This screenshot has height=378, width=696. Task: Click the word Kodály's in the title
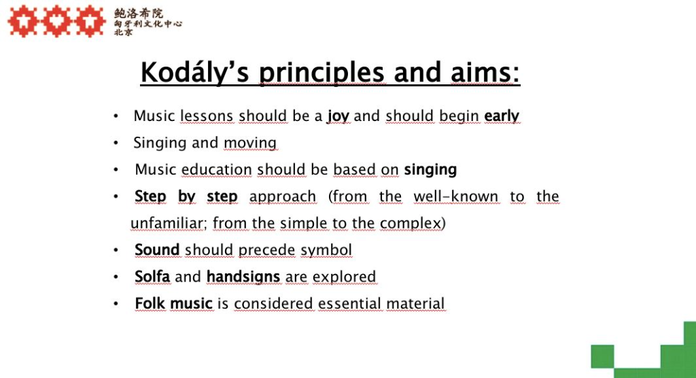click(x=195, y=72)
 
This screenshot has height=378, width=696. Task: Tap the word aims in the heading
click(x=485, y=72)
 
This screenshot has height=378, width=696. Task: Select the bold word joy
click(x=338, y=116)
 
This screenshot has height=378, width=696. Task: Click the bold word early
click(x=502, y=116)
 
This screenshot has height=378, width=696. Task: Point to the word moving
click(x=250, y=143)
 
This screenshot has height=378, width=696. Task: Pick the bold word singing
click(x=430, y=170)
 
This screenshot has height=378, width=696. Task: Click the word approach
click(x=283, y=196)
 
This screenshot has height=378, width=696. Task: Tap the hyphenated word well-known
click(x=456, y=196)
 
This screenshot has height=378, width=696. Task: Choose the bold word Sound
click(x=157, y=250)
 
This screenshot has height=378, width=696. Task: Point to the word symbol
click(x=326, y=250)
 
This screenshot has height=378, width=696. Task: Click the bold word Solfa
click(x=152, y=276)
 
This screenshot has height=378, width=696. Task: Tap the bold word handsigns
click(x=243, y=277)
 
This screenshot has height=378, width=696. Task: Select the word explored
click(x=344, y=277)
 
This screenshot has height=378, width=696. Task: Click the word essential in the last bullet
click(x=349, y=303)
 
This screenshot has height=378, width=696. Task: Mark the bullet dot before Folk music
click(x=116, y=304)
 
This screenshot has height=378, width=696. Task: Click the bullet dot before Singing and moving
click(x=116, y=143)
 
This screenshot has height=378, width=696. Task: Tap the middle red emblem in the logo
click(x=57, y=21)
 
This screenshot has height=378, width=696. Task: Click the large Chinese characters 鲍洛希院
click(x=139, y=14)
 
